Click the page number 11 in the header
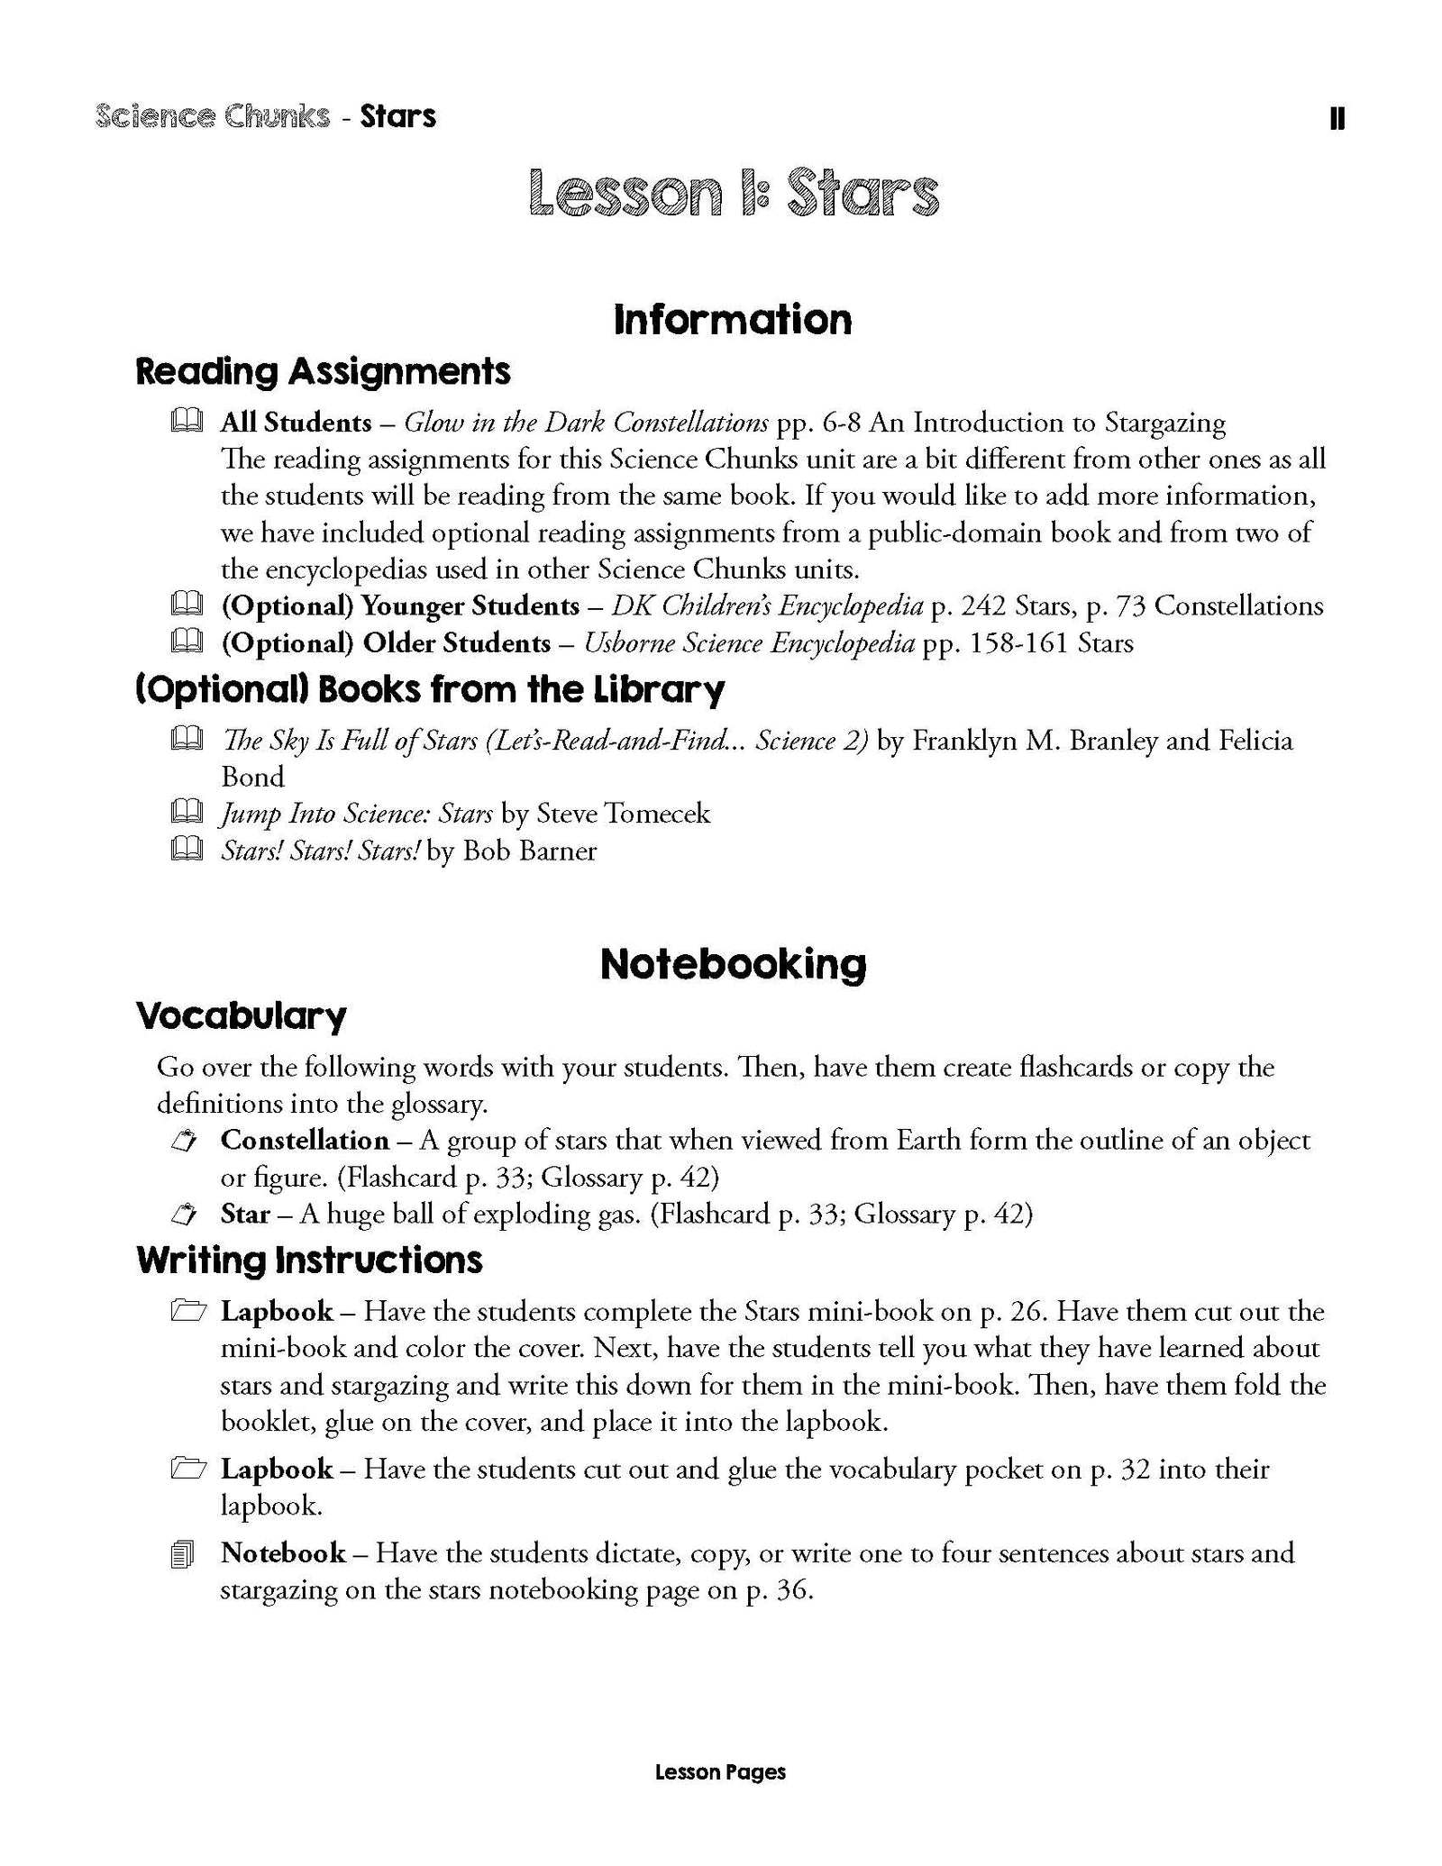click(x=1337, y=119)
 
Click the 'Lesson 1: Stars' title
click(x=734, y=193)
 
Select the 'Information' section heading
click(x=732, y=320)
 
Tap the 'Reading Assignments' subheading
click(x=323, y=371)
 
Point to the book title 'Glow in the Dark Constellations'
click(x=586, y=423)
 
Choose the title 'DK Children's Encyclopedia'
click(x=767, y=605)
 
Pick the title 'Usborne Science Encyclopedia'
click(x=749, y=643)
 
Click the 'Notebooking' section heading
click(x=733, y=964)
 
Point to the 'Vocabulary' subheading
click(x=241, y=1016)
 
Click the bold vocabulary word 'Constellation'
click(x=305, y=1141)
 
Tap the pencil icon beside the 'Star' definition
click(x=184, y=1215)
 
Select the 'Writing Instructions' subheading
click(x=309, y=1261)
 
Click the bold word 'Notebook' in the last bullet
click(x=283, y=1552)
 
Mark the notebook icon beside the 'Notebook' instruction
click(x=182, y=1556)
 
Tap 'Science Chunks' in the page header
click(x=212, y=116)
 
